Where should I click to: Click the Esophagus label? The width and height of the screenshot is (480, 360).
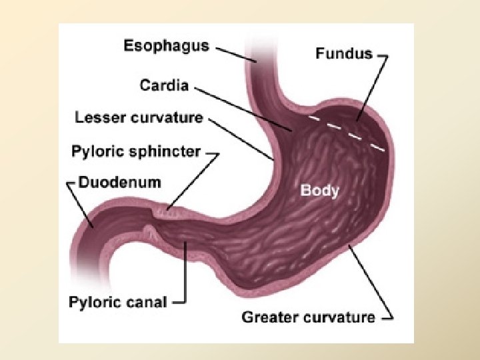(x=166, y=46)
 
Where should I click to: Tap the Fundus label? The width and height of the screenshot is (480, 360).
(x=344, y=53)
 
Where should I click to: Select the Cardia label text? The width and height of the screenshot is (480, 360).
(x=164, y=85)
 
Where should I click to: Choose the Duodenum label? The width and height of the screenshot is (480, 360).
(x=119, y=181)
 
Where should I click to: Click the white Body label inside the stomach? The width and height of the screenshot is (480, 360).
(x=320, y=190)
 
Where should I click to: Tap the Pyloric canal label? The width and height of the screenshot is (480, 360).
(x=117, y=302)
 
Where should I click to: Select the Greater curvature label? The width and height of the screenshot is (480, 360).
(x=308, y=317)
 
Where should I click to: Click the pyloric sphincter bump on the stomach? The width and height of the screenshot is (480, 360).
(x=170, y=213)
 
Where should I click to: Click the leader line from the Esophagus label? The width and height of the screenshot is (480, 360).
(x=233, y=53)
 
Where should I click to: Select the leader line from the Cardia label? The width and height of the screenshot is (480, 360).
(x=240, y=107)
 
